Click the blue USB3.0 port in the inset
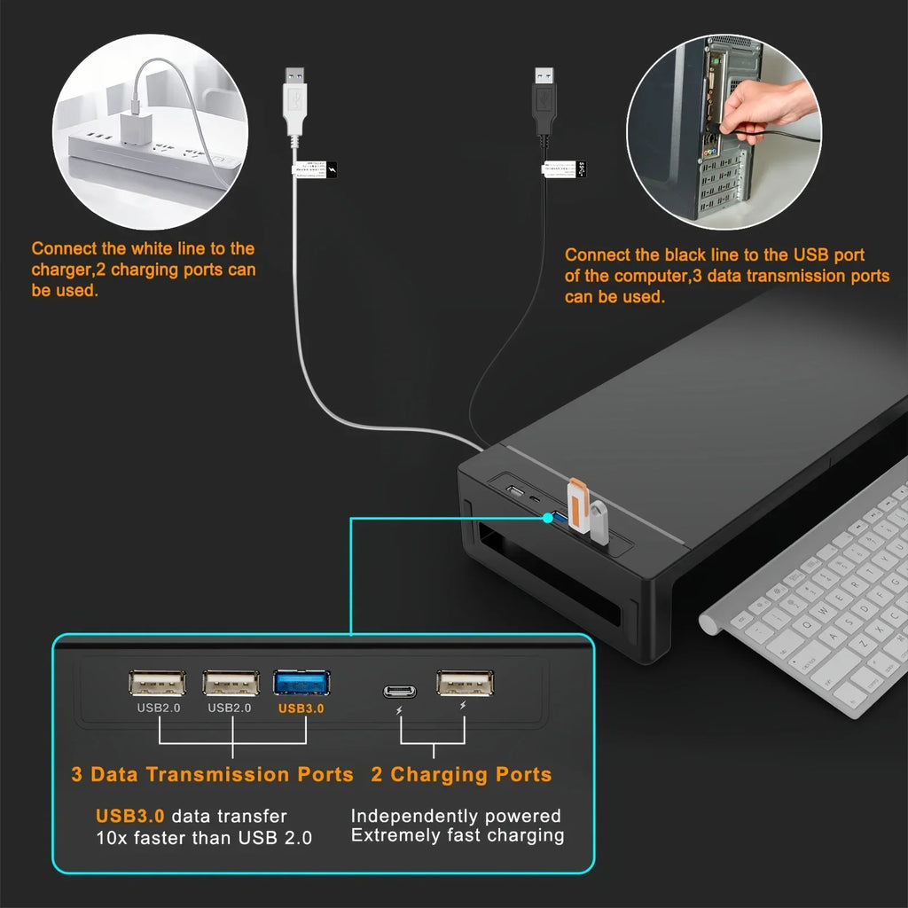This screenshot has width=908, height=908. [x=301, y=683]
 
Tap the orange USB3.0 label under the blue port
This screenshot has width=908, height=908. [x=301, y=708]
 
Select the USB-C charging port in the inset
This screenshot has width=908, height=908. [x=400, y=691]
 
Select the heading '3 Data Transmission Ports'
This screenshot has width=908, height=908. [x=212, y=774]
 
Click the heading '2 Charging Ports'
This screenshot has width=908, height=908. [x=461, y=774]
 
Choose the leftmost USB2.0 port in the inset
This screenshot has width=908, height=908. [x=157, y=683]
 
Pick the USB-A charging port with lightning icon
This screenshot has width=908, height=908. [x=465, y=683]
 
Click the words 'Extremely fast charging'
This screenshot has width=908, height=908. [x=458, y=835]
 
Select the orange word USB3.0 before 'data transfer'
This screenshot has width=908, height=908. [x=129, y=816]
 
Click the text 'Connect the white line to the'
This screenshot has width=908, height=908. [x=143, y=249]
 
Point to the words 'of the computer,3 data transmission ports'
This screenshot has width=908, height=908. [x=726, y=276]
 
